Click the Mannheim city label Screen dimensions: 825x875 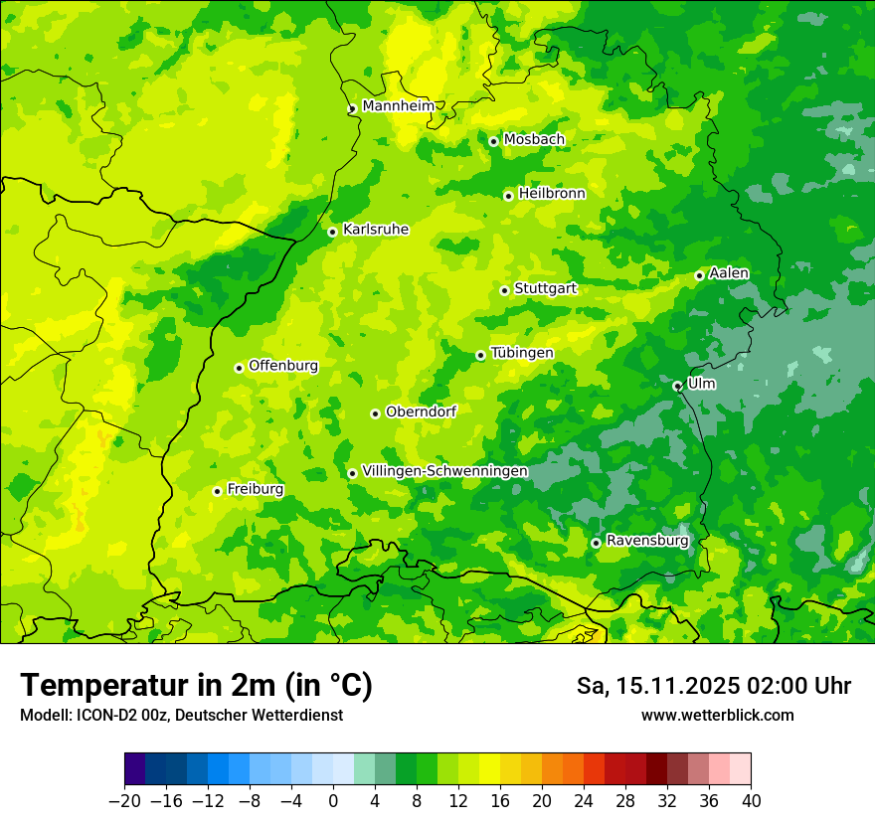tap(398, 106)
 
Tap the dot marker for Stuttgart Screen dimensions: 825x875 tap(505, 290)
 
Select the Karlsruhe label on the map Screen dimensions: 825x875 tap(375, 230)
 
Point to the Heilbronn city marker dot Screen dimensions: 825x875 tap(508, 196)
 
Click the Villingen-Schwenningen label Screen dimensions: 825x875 tap(444, 471)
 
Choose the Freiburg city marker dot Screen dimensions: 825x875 tap(217, 491)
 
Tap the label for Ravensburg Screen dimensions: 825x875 tap(646, 541)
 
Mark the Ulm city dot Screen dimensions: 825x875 tap(677, 386)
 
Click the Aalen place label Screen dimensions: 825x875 tap(728, 273)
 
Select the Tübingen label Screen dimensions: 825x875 tap(522, 353)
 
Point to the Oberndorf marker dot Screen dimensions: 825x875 tap(375, 413)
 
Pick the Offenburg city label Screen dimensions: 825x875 tap(283, 366)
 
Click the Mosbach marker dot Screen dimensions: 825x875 tap(493, 141)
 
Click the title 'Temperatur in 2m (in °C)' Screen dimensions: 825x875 tap(196, 686)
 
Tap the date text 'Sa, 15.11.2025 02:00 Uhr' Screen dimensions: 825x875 tap(713, 686)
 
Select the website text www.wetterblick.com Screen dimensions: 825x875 tap(717, 715)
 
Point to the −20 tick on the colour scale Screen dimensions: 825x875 tap(124, 801)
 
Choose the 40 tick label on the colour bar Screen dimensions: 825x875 tap(751, 801)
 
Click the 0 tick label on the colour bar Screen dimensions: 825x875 tap(333, 801)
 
